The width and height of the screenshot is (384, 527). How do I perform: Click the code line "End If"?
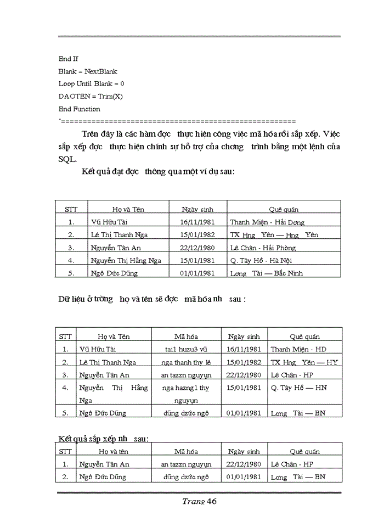pyautogui.click(x=69, y=59)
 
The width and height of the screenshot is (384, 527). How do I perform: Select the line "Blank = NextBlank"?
pyautogui.click(x=88, y=71)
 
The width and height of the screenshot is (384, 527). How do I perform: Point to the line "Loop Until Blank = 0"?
pyautogui.click(x=91, y=84)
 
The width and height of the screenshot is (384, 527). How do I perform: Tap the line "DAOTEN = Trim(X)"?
pyautogui.click(x=87, y=97)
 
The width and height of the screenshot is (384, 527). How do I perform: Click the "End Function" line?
pyautogui.click(x=79, y=109)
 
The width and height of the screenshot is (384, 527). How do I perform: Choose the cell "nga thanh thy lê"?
pyautogui.click(x=187, y=362)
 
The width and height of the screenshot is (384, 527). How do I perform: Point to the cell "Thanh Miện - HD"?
pyautogui.click(x=298, y=349)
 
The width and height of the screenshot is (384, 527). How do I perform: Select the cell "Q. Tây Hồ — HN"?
pyautogui.click(x=298, y=388)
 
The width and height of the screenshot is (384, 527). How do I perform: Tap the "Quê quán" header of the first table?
pyautogui.click(x=284, y=209)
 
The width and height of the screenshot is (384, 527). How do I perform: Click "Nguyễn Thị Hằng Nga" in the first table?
pyautogui.click(x=126, y=260)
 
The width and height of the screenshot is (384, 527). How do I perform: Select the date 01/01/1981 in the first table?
pyautogui.click(x=197, y=273)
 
